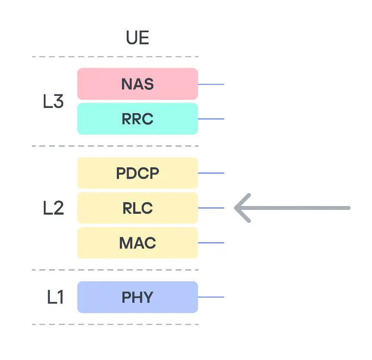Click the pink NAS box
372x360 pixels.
(137, 84)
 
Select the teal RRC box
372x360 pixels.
(137, 119)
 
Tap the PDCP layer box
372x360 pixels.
(137, 173)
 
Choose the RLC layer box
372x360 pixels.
(137, 208)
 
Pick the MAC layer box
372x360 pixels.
(137, 243)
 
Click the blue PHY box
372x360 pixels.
(137, 297)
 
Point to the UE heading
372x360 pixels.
(137, 38)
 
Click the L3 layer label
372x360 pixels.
(54, 102)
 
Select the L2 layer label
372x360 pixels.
(54, 208)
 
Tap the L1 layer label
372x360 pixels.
(55, 297)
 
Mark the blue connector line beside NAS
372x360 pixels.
(211, 84)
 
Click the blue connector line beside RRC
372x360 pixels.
(211, 119)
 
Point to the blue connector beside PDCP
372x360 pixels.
(211, 173)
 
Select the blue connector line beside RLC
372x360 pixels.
(211, 208)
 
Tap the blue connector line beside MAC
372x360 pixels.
(211, 243)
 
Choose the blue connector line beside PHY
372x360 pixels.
(211, 297)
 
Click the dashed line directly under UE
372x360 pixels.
(115, 57)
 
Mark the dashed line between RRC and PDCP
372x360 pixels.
(115, 146)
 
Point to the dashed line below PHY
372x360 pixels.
(115, 324)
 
